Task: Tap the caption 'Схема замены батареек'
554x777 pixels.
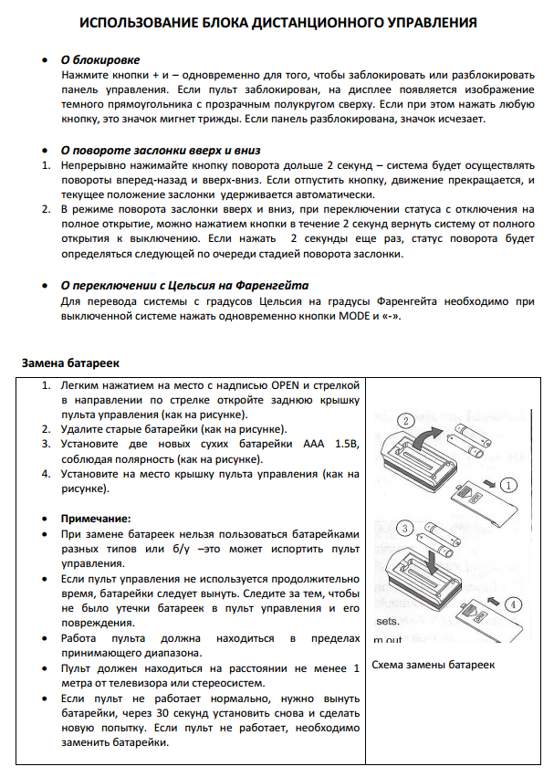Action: click(434, 664)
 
